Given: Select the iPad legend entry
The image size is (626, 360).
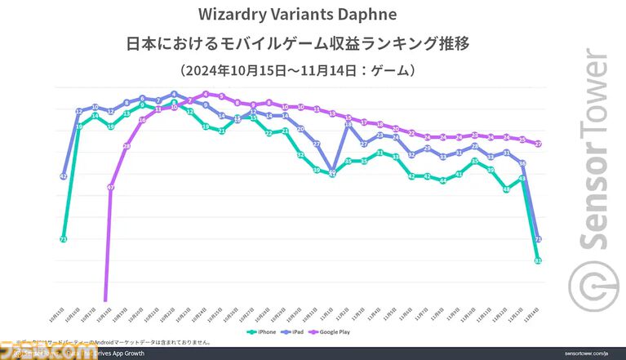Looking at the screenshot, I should coord(298,332).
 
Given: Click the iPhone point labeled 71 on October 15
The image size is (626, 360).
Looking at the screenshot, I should coord(63,239).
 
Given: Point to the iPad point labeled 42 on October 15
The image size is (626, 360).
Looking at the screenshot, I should coord(63,176).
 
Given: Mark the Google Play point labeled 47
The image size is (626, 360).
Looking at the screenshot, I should coord(110,187).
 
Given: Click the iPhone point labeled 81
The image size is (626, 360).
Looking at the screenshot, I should coord(539,260).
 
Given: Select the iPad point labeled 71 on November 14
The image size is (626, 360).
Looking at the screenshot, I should coord(539,239).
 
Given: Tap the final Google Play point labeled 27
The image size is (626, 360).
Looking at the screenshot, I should coord(539,144).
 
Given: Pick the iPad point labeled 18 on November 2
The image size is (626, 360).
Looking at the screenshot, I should coord(348,124).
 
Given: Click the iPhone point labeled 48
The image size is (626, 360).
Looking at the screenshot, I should coord(507,189).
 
